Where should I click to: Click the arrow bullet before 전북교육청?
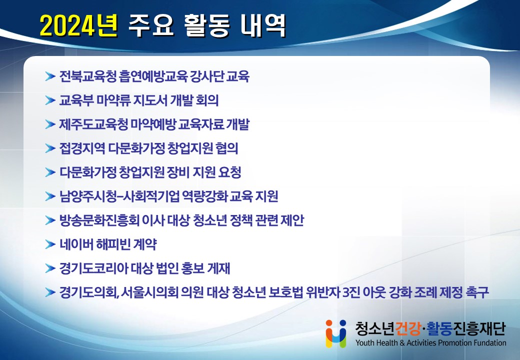click(50, 76)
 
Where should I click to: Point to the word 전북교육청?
click(87, 76)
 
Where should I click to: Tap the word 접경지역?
click(82, 148)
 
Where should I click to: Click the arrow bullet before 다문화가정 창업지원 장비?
click(50, 172)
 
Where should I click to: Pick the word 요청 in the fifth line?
click(230, 172)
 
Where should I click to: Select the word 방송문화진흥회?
click(99, 220)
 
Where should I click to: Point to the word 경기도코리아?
click(93, 268)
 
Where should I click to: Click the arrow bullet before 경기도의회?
click(50, 292)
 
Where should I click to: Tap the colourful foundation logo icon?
click(336, 333)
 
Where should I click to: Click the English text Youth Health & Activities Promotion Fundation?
click(431, 343)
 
